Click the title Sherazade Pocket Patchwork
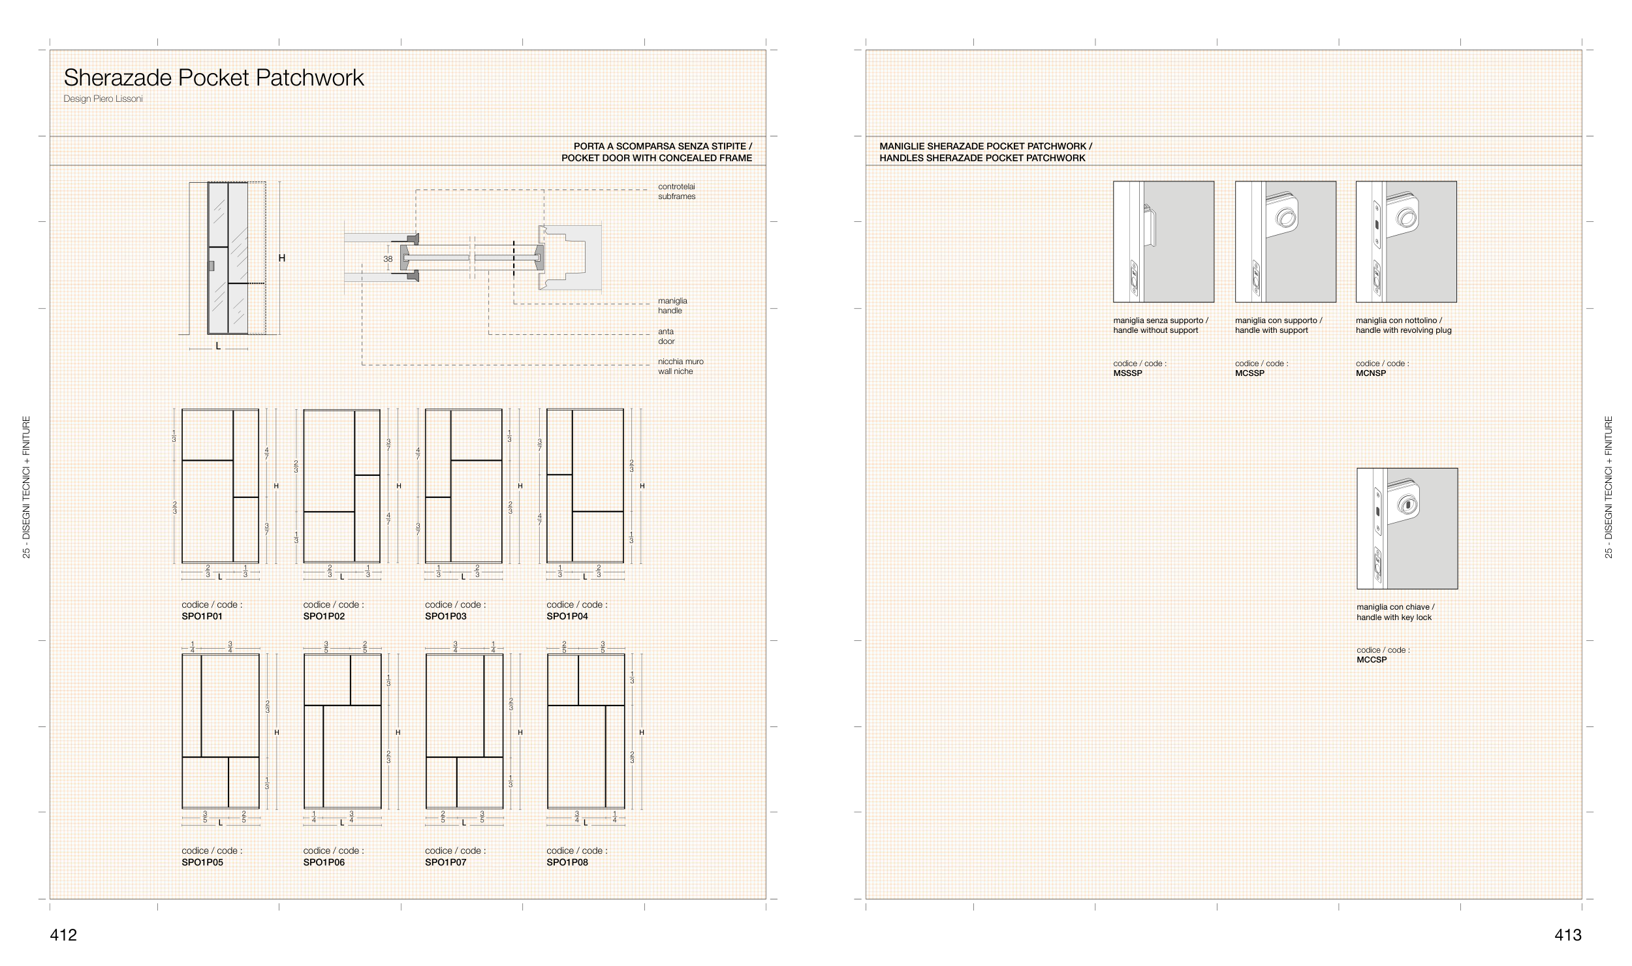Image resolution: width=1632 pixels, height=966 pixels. point(213,78)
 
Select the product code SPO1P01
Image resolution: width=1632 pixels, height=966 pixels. point(202,616)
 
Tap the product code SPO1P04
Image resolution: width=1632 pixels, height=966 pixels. point(567,616)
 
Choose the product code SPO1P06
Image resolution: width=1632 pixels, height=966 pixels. point(324,862)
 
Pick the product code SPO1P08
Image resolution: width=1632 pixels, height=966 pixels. point(567,862)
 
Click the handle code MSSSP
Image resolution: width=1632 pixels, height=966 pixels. point(1128,373)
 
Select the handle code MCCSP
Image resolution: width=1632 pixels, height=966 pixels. point(1372,660)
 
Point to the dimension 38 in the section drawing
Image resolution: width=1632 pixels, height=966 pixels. point(388,259)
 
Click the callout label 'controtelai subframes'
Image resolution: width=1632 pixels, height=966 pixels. point(677,191)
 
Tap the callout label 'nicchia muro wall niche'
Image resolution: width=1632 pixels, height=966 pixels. point(681,366)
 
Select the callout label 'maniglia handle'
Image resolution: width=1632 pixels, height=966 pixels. point(672,305)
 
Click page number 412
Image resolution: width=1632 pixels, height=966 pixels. point(63,935)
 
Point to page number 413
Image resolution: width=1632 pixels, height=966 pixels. point(1568,935)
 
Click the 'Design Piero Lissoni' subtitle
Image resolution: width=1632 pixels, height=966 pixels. point(103,99)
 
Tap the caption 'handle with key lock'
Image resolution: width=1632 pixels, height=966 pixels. point(1394,617)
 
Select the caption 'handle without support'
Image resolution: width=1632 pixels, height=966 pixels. point(1155,330)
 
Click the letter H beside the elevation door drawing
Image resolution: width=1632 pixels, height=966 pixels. point(282,258)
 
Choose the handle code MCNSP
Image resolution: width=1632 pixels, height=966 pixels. point(1371,373)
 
